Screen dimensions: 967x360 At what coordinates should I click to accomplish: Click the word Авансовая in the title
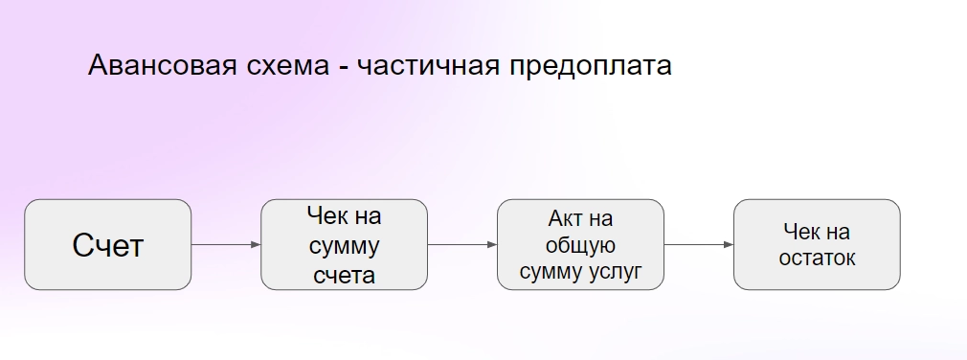162,65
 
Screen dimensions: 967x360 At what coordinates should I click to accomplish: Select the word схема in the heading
288,66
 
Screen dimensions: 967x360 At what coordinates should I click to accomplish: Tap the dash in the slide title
343,67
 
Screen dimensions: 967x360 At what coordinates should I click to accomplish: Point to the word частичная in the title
429,66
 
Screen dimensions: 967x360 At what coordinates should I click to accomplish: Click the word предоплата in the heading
591,67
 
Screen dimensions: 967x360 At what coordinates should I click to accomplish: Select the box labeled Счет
108,245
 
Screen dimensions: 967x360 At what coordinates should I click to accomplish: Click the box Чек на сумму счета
344,245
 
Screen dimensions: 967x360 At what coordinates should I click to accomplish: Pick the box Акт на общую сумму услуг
580,245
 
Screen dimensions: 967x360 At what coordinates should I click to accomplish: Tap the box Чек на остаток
817,245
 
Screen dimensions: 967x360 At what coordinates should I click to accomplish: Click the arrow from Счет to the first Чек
226,245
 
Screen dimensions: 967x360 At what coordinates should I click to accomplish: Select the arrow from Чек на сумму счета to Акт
462,245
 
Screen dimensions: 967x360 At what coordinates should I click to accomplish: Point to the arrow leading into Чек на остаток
699,245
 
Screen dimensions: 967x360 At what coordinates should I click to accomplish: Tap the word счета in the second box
344,275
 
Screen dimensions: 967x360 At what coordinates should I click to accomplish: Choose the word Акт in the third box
564,219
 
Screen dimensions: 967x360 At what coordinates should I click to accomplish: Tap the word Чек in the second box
326,215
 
